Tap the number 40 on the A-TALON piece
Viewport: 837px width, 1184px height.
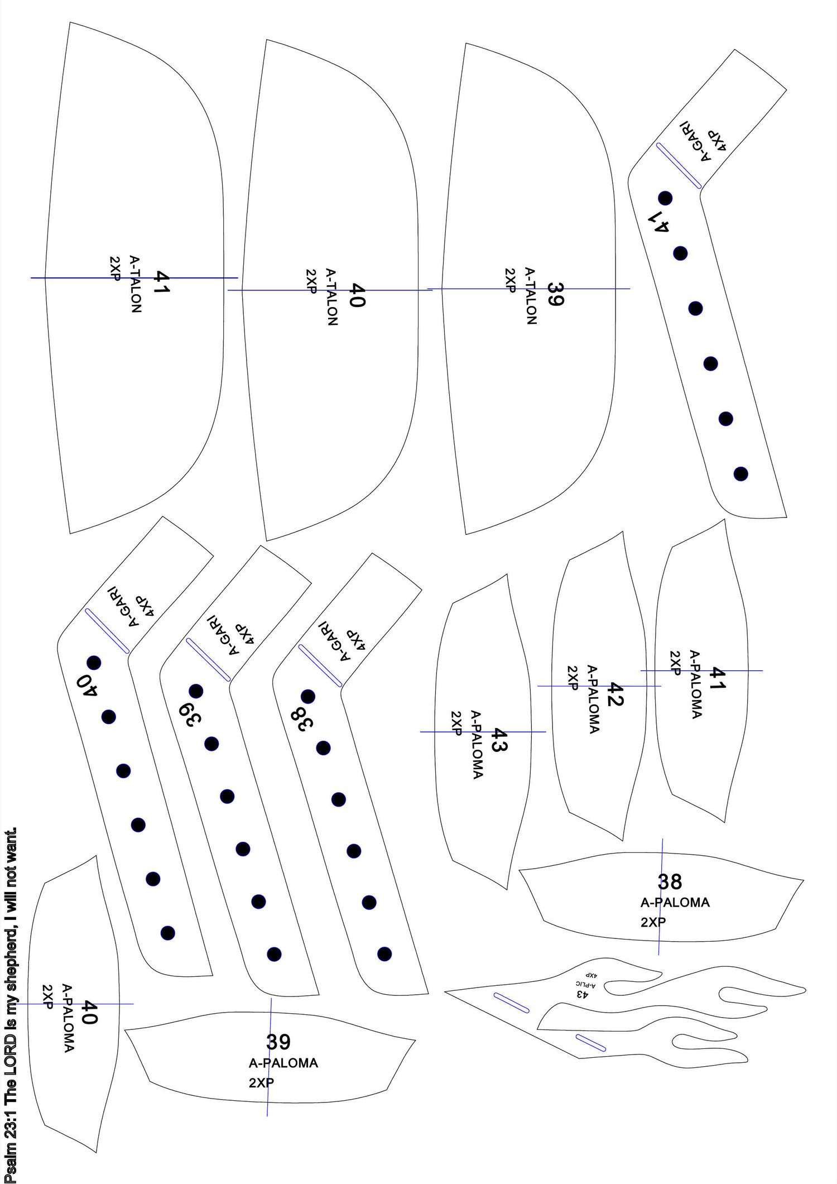point(357,294)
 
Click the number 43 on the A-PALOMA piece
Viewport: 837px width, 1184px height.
point(497,740)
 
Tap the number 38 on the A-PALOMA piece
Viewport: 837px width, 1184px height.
point(670,881)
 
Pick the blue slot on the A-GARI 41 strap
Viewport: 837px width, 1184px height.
point(679,165)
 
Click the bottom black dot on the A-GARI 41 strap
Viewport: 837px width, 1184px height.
point(740,473)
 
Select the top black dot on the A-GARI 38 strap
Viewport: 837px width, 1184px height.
point(307,696)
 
